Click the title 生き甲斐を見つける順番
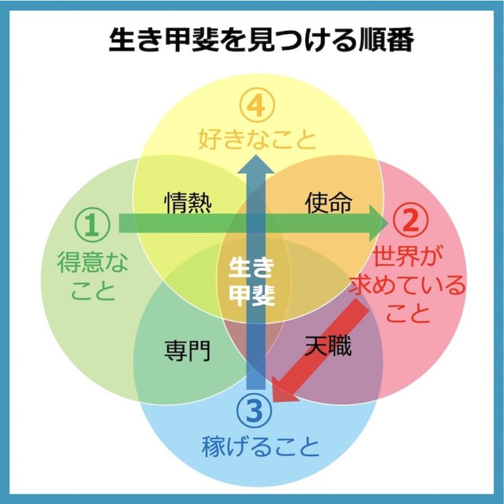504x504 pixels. [x=261, y=41]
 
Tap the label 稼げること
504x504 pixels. [x=261, y=448]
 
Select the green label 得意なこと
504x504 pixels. [x=93, y=276]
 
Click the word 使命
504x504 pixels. [x=328, y=203]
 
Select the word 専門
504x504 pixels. [x=187, y=350]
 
